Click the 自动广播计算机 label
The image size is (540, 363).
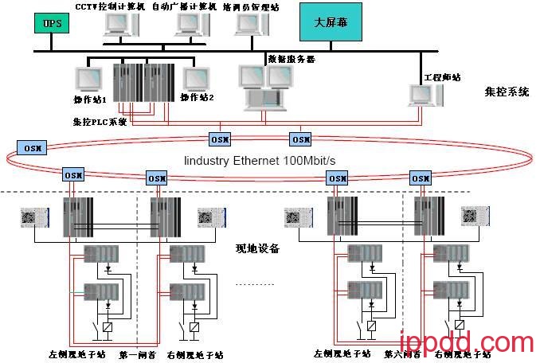click(x=191, y=6)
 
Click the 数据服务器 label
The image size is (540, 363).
click(x=292, y=58)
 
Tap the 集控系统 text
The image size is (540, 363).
click(x=506, y=92)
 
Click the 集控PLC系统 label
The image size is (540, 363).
click(x=100, y=122)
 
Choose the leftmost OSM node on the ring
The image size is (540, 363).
click(x=33, y=148)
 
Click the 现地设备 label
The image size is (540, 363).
click(x=258, y=248)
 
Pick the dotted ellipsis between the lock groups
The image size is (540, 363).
click(x=255, y=283)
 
